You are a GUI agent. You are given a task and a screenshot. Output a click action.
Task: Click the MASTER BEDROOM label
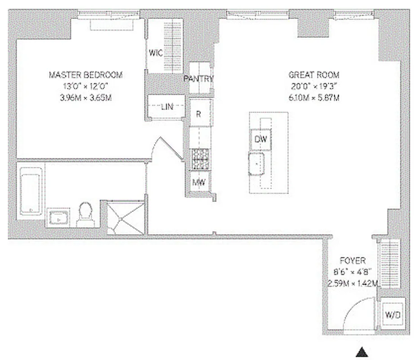(85, 75)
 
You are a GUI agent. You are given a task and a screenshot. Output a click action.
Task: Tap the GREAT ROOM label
(314, 75)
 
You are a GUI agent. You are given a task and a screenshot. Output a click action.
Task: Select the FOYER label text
(352, 260)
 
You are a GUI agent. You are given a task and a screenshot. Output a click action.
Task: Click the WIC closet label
(156, 53)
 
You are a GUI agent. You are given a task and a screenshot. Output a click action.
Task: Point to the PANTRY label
(198, 79)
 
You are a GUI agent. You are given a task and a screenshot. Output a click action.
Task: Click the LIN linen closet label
(167, 107)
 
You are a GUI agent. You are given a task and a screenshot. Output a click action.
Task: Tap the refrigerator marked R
(198, 114)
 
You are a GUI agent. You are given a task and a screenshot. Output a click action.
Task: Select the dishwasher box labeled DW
(260, 139)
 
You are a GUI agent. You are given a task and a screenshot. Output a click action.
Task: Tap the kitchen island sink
(257, 164)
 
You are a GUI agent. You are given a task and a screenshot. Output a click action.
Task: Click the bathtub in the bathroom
(31, 191)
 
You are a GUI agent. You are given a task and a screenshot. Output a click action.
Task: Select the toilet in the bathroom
(85, 214)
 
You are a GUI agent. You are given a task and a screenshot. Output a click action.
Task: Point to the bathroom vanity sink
(58, 219)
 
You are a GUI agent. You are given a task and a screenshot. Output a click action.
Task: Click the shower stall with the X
(126, 218)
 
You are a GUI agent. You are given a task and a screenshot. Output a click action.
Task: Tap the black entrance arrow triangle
(362, 352)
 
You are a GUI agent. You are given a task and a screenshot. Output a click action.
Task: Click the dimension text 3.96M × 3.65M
(85, 97)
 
